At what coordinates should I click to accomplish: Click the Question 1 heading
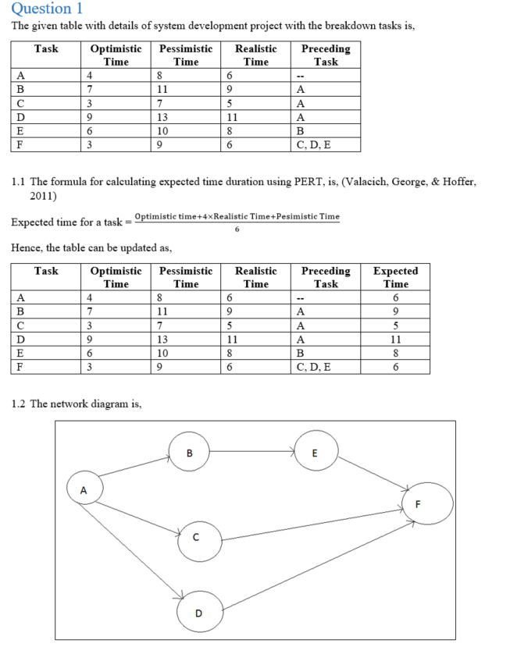[48, 9]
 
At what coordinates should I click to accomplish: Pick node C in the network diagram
[197, 538]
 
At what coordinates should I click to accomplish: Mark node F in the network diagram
[426, 503]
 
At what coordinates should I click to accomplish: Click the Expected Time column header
[395, 277]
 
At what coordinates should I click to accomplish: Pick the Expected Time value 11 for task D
[395, 339]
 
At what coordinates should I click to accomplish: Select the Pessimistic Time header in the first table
[185, 55]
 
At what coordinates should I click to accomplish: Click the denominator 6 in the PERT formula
[237, 229]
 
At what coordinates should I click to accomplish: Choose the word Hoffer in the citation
[452, 182]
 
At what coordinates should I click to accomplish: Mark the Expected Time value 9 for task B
[395, 311]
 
